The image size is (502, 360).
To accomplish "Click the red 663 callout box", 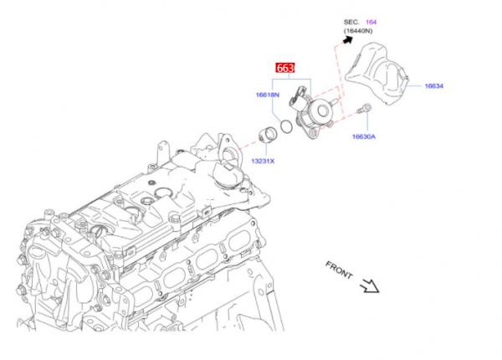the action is [285, 68].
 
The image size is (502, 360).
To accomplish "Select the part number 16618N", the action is [268, 95].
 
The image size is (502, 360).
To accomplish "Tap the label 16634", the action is [433, 86].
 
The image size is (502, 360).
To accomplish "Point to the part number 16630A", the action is [364, 136].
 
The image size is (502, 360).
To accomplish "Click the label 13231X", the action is [263, 161].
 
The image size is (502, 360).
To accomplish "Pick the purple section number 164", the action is [371, 22].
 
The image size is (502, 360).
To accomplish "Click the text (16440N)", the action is [358, 31].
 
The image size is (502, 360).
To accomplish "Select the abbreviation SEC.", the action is [351, 22].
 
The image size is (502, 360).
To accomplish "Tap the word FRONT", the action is [339, 270].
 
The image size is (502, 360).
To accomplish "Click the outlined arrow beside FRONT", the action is [370, 285].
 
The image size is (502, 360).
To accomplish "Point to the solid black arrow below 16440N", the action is [348, 39].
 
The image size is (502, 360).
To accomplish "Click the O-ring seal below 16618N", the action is [286, 126].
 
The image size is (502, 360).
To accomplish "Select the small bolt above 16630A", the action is [364, 109].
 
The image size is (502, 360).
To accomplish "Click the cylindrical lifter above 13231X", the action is [268, 135].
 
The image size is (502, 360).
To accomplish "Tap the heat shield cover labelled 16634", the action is [376, 74].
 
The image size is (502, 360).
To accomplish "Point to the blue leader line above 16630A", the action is [367, 123].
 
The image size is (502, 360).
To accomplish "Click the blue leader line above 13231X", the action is [266, 150].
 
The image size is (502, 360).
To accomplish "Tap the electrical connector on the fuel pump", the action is [296, 97].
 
